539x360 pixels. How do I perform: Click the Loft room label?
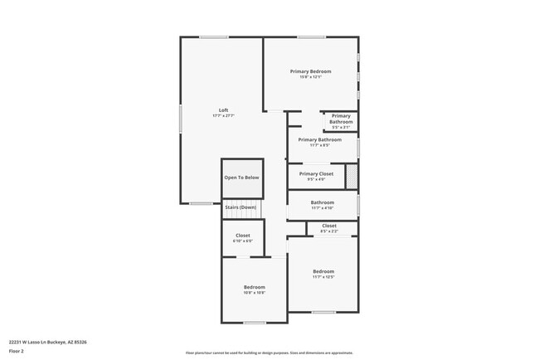(x=223, y=110)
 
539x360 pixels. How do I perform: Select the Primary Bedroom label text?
(x=310, y=71)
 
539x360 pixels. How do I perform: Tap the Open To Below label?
(x=241, y=178)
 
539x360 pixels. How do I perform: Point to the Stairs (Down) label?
(x=241, y=207)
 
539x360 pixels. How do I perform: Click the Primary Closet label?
(x=316, y=173)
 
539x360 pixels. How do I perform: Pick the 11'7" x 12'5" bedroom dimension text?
(x=323, y=277)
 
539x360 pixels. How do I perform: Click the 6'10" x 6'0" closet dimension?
(x=242, y=241)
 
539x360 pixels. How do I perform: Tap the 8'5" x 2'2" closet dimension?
(x=329, y=231)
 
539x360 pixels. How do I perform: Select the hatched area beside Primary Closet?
(x=352, y=176)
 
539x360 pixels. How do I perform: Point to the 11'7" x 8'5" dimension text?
(x=319, y=145)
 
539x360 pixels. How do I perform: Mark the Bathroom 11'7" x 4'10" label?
(x=323, y=205)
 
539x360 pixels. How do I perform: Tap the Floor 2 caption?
(x=17, y=351)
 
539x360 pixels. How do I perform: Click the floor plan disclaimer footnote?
(x=269, y=353)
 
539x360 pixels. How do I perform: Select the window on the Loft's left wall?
(x=181, y=117)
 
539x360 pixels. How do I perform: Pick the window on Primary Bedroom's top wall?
(x=311, y=36)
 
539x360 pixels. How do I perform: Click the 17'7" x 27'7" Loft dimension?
(x=223, y=116)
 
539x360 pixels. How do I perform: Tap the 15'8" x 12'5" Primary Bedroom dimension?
(x=310, y=77)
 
